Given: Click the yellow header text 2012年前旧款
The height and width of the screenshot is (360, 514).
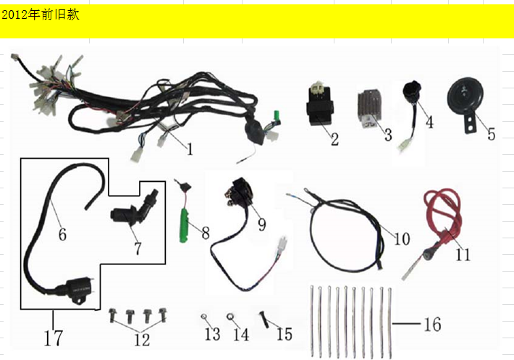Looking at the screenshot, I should pos(41,15).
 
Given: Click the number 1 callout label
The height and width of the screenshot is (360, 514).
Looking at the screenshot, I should pos(190,150).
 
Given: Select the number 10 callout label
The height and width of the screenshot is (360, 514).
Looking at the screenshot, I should pos(403,238).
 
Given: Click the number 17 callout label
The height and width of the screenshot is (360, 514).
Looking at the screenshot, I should pos(54,338).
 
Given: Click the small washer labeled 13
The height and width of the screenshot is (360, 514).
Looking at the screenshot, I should pos(204,317).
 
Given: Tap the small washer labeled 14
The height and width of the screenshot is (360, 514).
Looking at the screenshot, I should pos(229,317).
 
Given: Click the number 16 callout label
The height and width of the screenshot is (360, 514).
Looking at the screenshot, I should pos(431,325).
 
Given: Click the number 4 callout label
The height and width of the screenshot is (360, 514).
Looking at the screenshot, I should pos(429,122).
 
